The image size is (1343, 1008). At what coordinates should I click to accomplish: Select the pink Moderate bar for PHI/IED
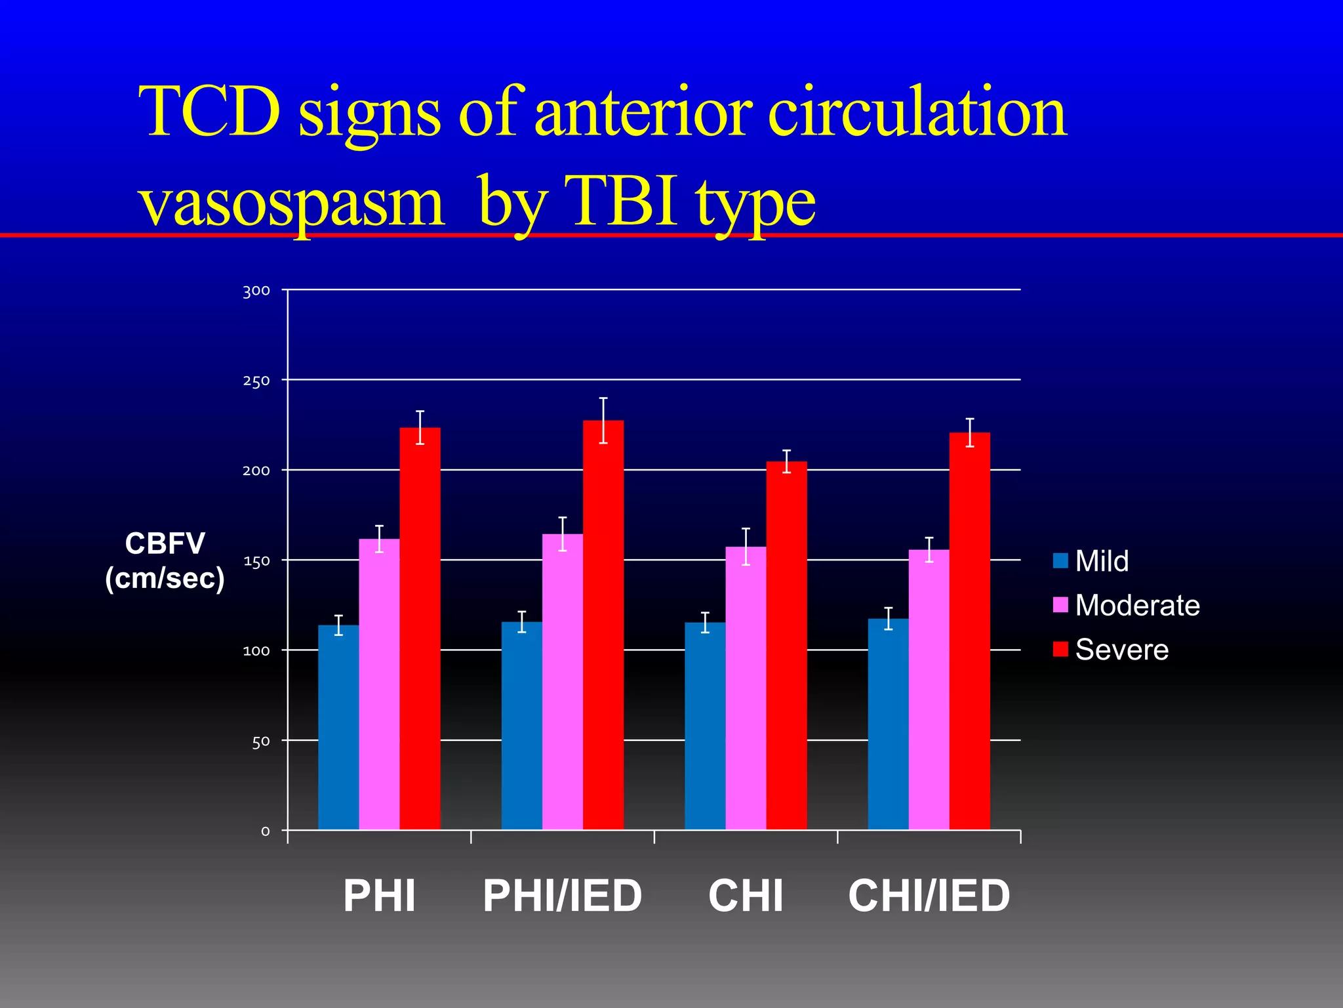(x=562, y=682)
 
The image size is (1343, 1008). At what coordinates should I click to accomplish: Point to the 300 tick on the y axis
(x=256, y=291)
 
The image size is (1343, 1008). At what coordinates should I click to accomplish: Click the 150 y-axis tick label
(x=256, y=561)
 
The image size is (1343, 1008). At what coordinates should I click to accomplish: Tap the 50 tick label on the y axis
(x=260, y=742)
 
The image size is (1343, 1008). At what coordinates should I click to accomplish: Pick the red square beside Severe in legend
(x=1060, y=649)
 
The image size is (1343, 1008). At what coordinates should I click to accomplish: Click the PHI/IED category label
(x=562, y=896)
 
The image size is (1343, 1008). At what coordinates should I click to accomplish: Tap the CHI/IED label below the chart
(x=929, y=896)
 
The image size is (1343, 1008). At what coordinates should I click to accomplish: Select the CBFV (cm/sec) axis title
(x=165, y=561)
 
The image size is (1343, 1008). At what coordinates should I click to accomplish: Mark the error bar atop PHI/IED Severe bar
(x=603, y=420)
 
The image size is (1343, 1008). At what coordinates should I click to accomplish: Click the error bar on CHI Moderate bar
(x=746, y=546)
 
